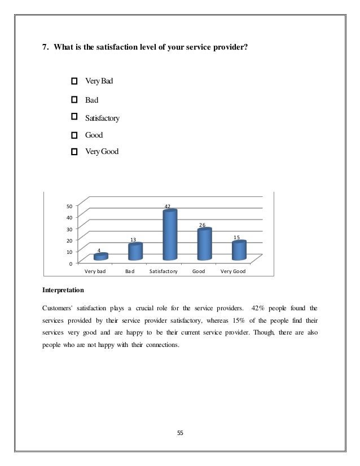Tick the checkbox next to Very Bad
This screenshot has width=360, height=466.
74,82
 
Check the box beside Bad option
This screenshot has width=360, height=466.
74,99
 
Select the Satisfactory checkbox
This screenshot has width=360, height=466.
74,117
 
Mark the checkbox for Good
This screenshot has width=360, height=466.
74,135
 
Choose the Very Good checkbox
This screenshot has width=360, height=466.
74,152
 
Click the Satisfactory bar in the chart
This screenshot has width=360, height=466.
170,235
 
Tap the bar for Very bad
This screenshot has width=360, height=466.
100,257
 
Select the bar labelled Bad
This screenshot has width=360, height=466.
135,252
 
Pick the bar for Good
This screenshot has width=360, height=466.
204,244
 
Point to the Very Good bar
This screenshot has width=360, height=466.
239,250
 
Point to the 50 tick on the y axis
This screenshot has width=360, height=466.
69,205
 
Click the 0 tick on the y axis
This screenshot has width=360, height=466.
70,263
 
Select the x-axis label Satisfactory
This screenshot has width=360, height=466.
164,271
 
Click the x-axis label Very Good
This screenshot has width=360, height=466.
232,271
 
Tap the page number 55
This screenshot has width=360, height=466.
180,433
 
